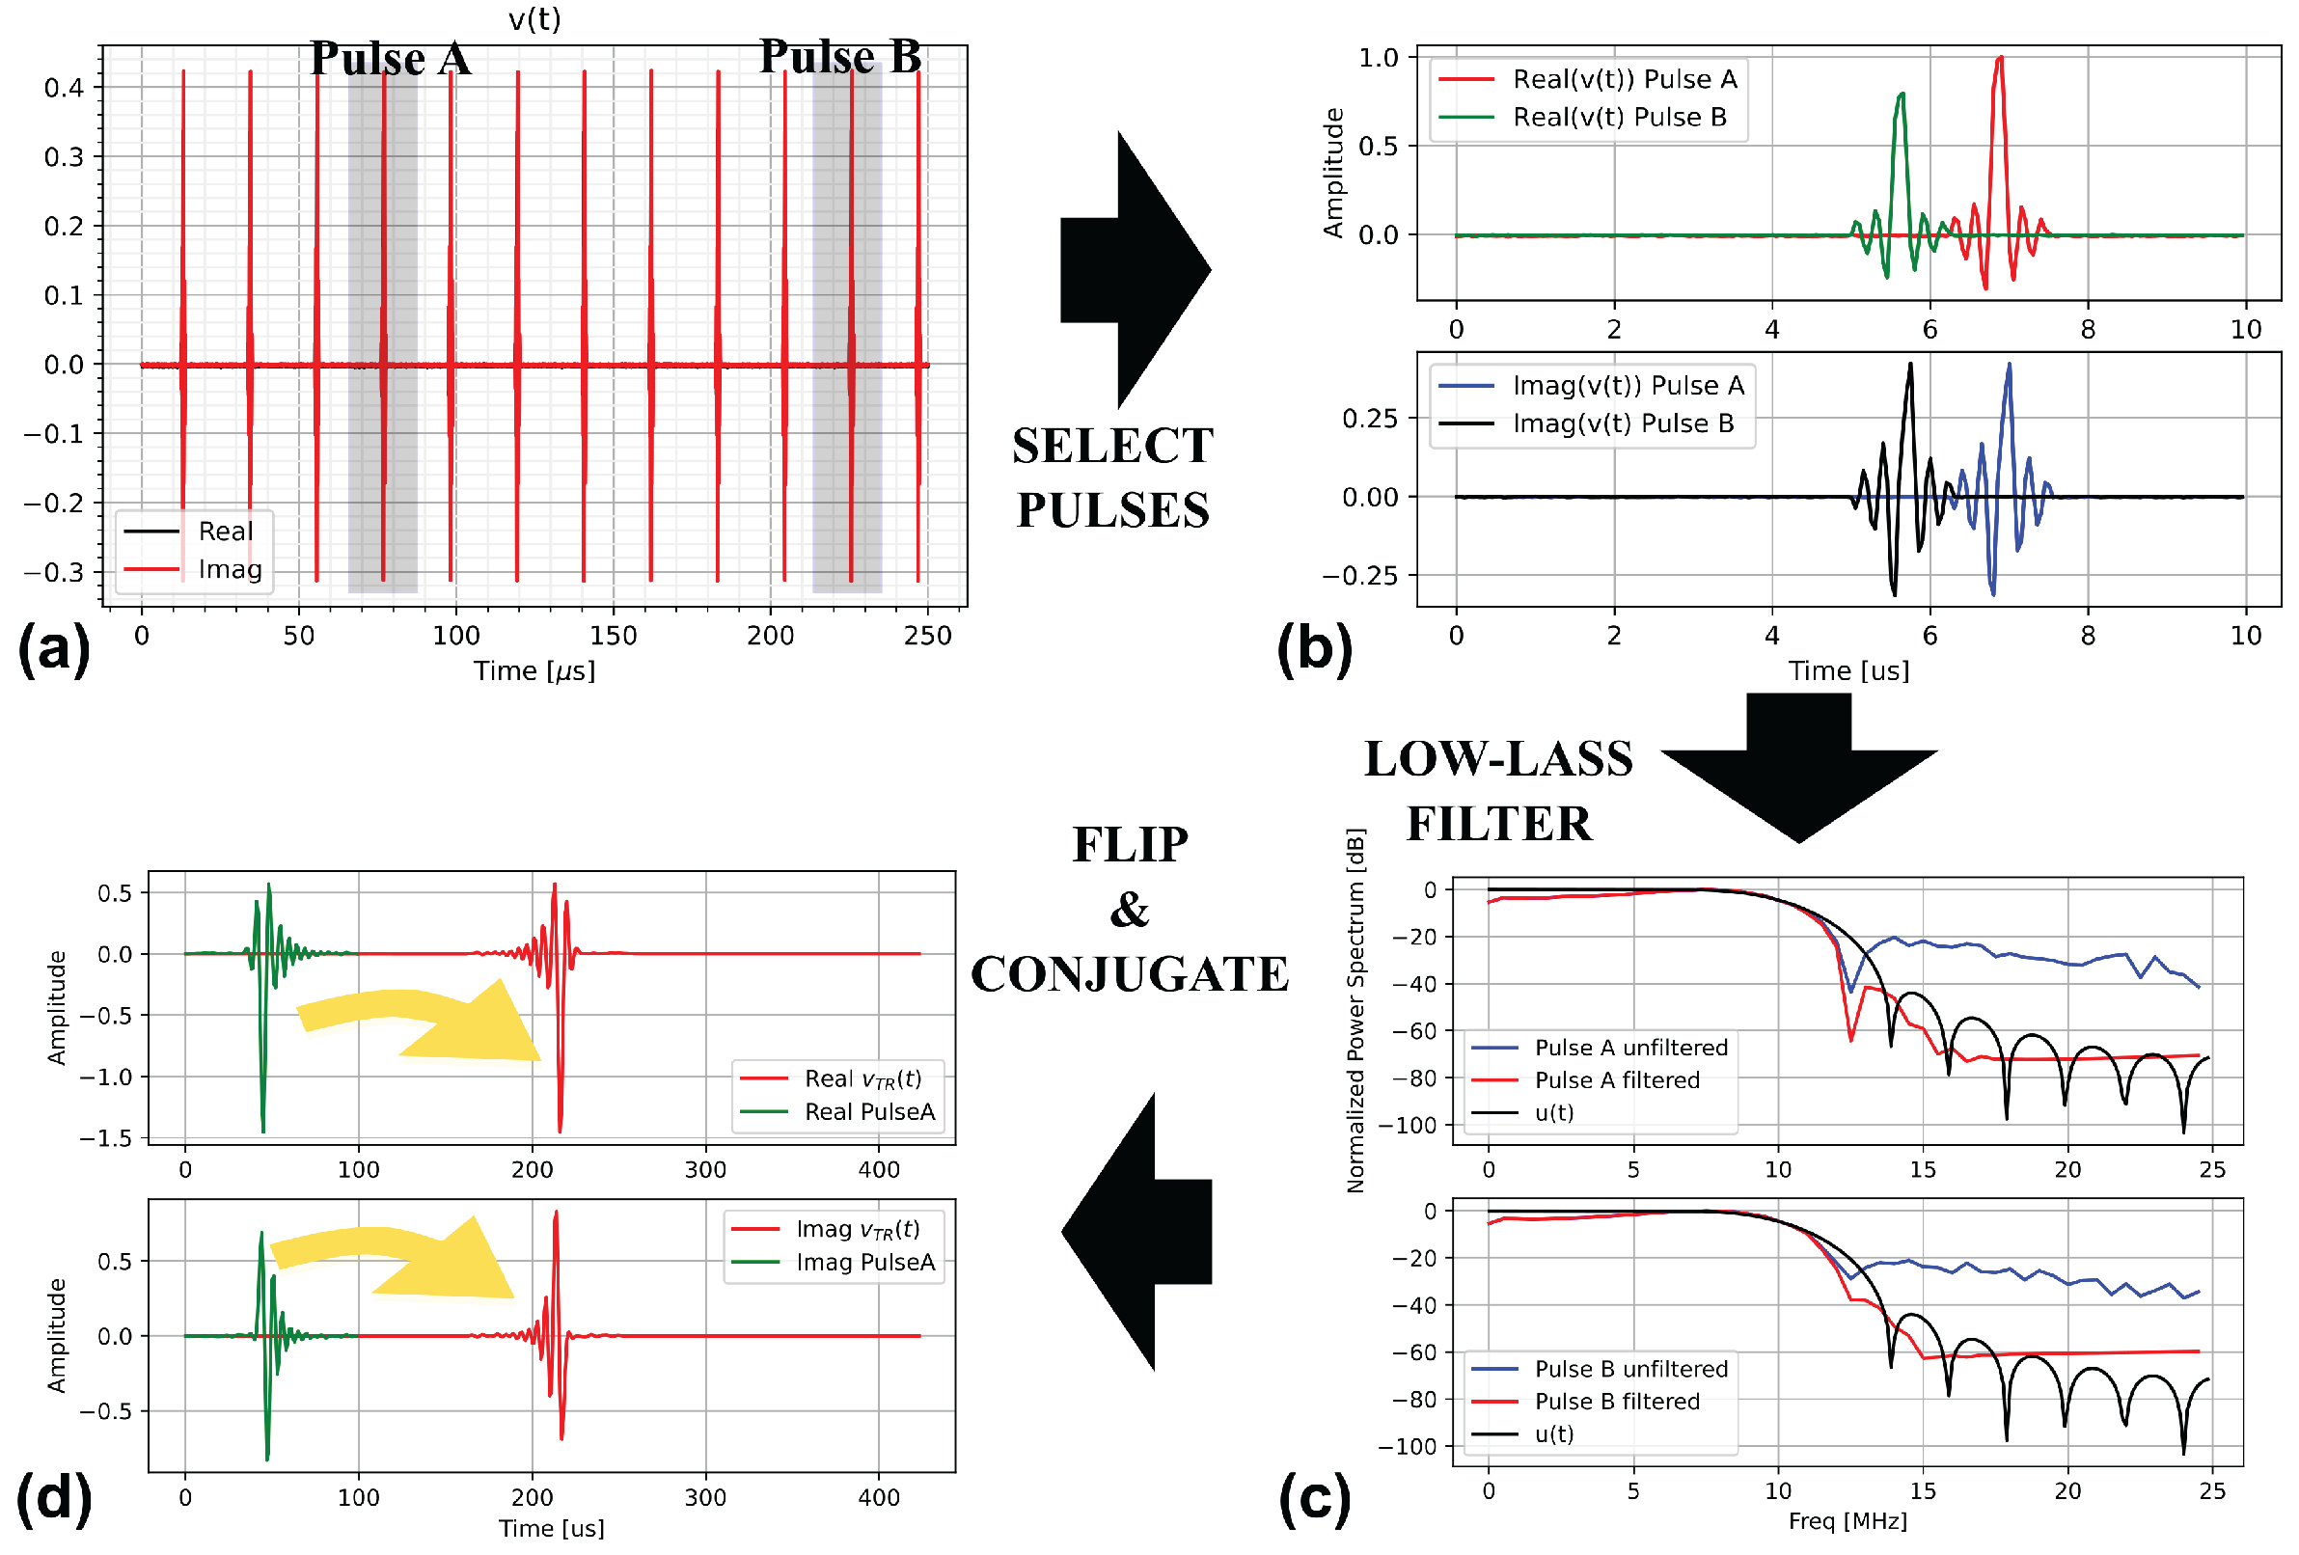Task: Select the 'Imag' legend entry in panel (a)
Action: pyautogui.click(x=230, y=569)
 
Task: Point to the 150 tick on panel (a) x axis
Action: pyautogui.click(x=614, y=635)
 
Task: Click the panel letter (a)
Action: pyautogui.click(x=53, y=649)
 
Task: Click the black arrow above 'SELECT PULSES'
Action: pyautogui.click(x=1137, y=269)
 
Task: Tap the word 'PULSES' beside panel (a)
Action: pyautogui.click(x=1113, y=510)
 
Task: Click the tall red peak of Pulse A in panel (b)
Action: pyautogui.click(x=2000, y=60)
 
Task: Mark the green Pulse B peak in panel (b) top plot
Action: pyautogui.click(x=1902, y=95)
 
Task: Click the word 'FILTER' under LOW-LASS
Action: pyautogui.click(x=1499, y=823)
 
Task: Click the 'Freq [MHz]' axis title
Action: pyautogui.click(x=1847, y=1520)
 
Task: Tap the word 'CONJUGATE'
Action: pyautogui.click(x=1130, y=974)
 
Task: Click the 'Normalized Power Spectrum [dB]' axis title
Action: pyautogui.click(x=1355, y=1009)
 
